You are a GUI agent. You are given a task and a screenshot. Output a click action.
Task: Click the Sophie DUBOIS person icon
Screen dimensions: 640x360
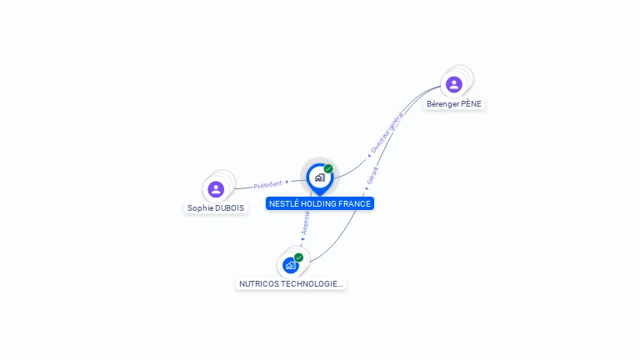(x=216, y=189)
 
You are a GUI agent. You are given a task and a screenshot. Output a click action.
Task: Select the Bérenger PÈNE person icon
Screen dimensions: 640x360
(x=454, y=84)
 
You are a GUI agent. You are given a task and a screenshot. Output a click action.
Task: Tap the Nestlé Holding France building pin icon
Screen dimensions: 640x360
(x=319, y=177)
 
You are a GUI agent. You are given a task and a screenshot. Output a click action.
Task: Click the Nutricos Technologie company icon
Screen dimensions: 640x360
(x=291, y=265)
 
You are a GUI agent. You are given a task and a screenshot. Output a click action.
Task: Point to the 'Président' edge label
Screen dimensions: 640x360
(x=267, y=185)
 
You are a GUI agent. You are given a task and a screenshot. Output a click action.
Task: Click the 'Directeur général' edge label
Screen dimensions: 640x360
(x=387, y=132)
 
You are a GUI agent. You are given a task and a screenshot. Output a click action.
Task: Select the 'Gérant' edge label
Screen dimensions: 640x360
(x=372, y=176)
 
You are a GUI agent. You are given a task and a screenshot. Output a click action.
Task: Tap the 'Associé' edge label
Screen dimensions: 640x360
(x=305, y=222)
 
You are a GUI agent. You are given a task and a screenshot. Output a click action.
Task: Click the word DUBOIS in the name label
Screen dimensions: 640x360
(x=230, y=208)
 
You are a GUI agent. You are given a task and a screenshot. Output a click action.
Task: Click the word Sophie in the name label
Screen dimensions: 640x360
(x=200, y=208)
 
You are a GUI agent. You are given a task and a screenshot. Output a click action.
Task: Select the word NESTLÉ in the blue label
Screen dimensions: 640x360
(x=284, y=204)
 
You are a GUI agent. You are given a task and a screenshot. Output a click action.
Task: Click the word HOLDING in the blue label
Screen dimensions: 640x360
(x=319, y=204)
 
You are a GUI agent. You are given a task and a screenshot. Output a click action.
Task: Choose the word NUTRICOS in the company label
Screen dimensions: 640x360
(x=258, y=284)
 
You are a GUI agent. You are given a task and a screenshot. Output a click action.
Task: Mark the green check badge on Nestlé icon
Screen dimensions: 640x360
(x=328, y=169)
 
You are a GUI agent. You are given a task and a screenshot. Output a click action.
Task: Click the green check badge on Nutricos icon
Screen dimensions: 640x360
(x=298, y=257)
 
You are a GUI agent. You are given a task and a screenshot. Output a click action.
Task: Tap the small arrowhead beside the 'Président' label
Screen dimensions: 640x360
(x=287, y=182)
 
